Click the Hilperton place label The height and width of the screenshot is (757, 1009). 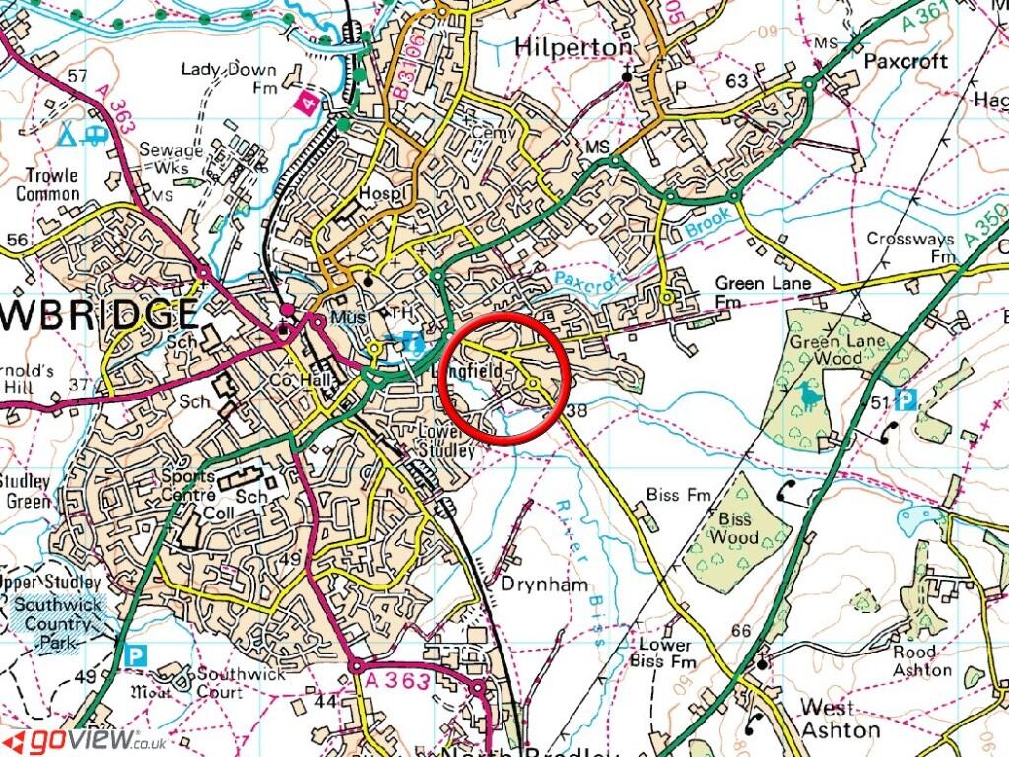click(572, 47)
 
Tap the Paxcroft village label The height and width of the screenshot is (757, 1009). click(905, 61)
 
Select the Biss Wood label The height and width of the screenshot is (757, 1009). click(735, 528)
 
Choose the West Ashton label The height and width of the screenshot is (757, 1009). click(840, 719)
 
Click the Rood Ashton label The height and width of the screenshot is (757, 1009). click(922, 661)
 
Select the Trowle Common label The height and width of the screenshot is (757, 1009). click(47, 185)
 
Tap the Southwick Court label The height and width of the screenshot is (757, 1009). click(233, 684)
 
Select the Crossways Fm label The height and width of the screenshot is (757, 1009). click(911, 247)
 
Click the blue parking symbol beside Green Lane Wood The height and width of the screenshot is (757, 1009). click(908, 399)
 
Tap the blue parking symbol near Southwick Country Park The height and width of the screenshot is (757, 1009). click(134, 653)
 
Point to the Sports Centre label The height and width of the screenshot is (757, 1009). click(188, 485)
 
